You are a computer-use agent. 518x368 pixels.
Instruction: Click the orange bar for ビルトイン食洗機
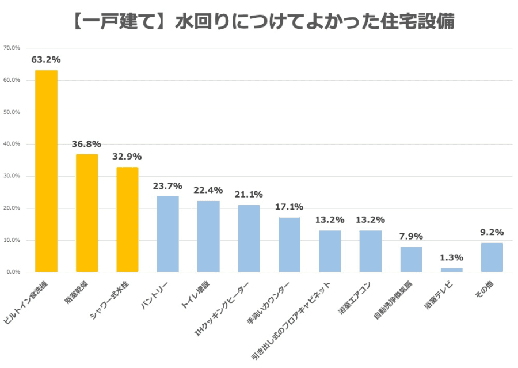46,171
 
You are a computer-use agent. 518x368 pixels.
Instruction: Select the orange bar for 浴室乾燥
87,213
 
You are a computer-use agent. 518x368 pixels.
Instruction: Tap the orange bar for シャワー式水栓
127,219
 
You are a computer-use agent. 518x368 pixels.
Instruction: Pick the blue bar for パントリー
168,234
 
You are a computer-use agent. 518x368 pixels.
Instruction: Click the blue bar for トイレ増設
208,236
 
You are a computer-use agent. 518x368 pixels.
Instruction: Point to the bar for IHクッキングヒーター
249,238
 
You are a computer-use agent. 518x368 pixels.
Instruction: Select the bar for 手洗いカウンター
290,245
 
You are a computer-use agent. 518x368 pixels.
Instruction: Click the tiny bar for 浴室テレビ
452,270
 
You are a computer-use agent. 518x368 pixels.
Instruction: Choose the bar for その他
492,257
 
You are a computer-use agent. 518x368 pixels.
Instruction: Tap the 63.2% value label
46,59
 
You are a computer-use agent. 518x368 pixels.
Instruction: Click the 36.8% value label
87,143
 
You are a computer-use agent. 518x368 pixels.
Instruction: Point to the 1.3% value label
452,257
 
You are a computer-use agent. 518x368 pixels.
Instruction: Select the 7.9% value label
412,236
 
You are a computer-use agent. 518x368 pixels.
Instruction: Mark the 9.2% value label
492,232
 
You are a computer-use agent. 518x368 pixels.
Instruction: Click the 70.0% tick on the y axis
12,48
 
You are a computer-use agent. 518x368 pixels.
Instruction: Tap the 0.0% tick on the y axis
13,272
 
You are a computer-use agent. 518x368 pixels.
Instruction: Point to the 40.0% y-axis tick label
12,144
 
